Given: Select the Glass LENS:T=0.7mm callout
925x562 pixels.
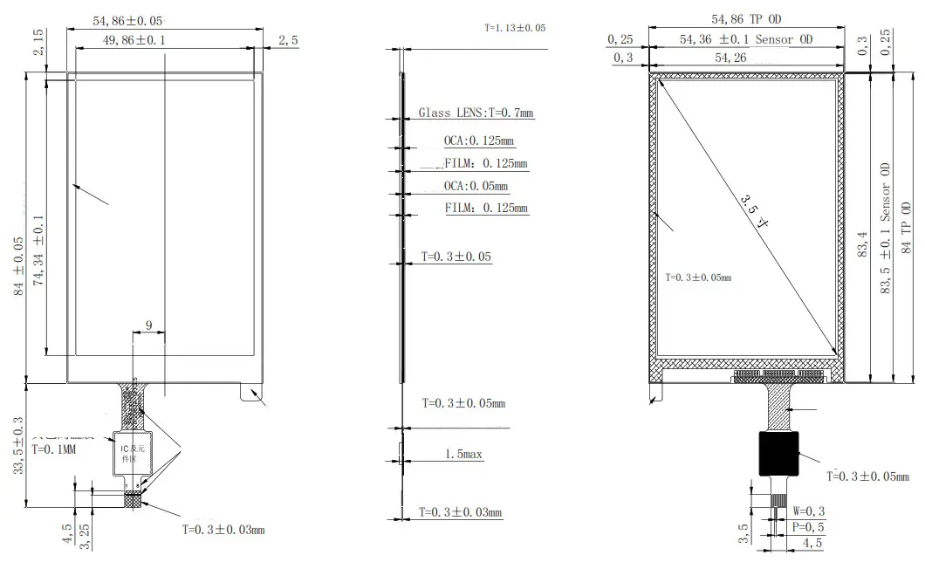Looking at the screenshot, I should [x=476, y=113].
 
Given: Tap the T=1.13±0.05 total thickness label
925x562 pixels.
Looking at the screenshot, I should [x=515, y=28].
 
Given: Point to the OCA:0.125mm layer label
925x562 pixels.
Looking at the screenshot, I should [x=479, y=140].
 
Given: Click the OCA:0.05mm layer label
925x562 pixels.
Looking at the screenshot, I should [x=476, y=186].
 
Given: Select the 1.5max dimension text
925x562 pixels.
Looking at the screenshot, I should [x=464, y=455].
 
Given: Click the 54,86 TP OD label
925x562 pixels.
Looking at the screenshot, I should [x=746, y=18].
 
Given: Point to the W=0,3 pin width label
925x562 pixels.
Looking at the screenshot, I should [x=809, y=511].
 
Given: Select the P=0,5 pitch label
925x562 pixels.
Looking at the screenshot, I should [x=809, y=527].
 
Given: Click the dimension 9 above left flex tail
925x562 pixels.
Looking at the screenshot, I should [x=148, y=326].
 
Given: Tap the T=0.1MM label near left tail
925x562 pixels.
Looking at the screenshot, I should [x=56, y=450].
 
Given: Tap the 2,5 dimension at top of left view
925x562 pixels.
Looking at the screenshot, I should [x=288, y=40].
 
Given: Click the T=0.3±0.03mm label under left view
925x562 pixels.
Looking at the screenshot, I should [x=223, y=530].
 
